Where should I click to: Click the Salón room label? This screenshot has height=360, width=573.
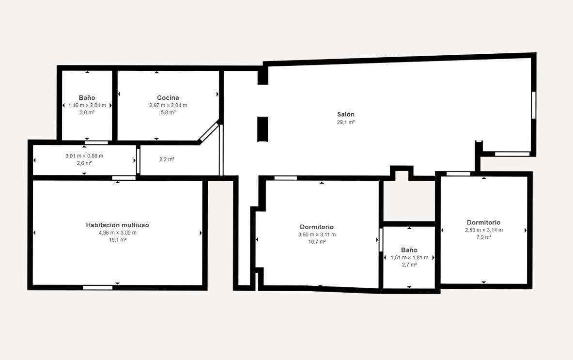[x=346, y=114]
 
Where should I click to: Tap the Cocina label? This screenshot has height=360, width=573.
[x=168, y=97]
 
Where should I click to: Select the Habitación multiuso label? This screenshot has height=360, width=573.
[x=117, y=225]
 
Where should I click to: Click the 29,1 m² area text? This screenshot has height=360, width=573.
[x=346, y=123]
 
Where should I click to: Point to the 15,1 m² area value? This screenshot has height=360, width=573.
[x=118, y=240]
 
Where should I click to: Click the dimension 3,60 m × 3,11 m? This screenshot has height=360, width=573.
[x=317, y=235]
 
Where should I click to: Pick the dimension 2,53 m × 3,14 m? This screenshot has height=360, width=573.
[x=484, y=230]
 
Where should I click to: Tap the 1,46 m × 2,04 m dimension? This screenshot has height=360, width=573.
[x=87, y=105]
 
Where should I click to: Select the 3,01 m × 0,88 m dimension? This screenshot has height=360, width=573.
[x=84, y=156]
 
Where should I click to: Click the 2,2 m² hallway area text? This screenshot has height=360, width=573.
[x=167, y=159]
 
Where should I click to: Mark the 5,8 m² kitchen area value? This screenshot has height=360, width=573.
[x=168, y=112]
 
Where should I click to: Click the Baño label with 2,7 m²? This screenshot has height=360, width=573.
[x=409, y=250]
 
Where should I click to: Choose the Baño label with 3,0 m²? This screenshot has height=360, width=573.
[x=87, y=97]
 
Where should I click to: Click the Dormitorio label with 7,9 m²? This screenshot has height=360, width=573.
[x=484, y=222]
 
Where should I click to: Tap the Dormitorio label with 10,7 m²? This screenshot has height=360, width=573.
[x=317, y=227]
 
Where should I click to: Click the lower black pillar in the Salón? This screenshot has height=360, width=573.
[x=263, y=129]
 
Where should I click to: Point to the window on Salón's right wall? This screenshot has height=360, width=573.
[x=534, y=105]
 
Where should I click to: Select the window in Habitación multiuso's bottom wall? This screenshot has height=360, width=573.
[x=97, y=288]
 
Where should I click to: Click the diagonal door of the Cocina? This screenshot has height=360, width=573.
[x=209, y=132]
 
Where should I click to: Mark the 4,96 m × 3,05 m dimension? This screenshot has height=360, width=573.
[x=118, y=233]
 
